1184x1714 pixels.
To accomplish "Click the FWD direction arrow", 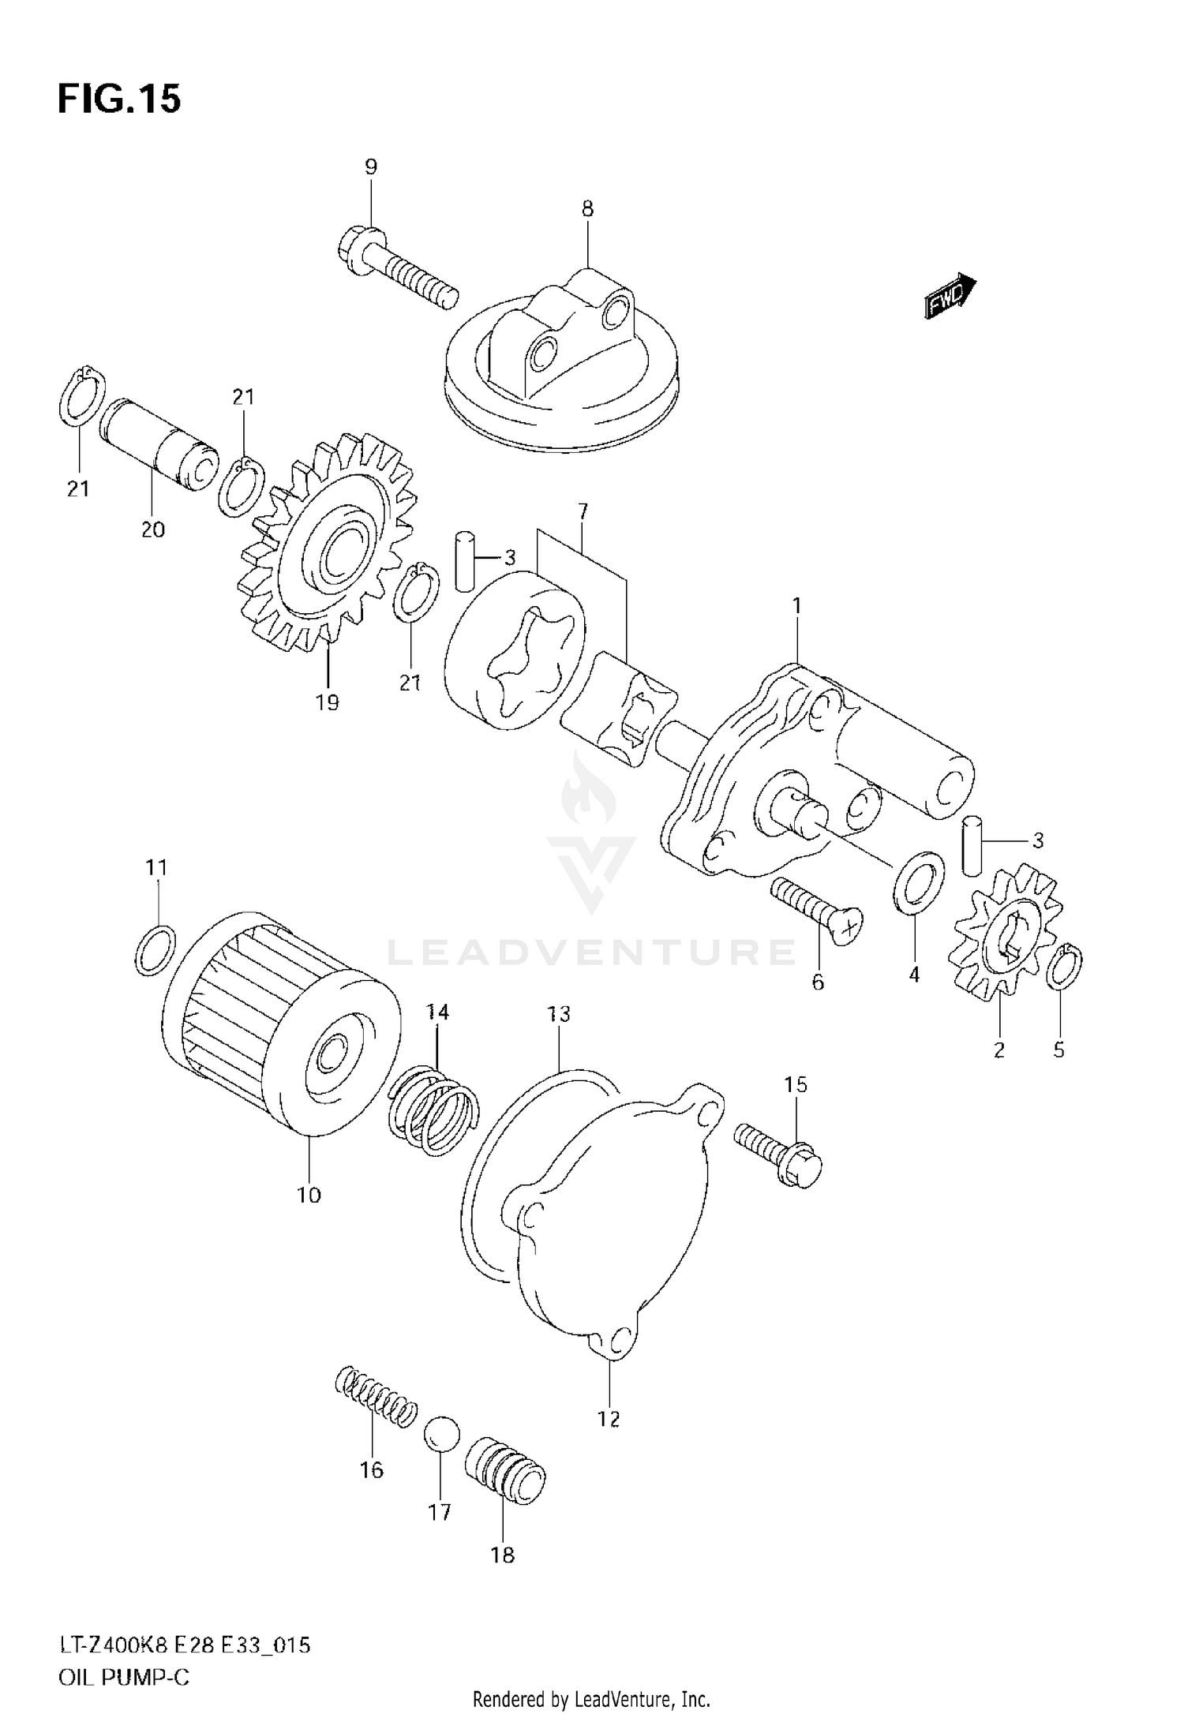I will pos(950,297).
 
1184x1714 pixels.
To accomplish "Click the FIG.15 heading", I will pos(119,99).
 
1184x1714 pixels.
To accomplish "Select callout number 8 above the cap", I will pos(587,209).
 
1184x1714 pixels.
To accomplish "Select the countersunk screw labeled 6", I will pos(816,911).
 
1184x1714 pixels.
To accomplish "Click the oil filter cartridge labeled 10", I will pos(284,1035).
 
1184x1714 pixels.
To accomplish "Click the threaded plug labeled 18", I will pos(505,1469).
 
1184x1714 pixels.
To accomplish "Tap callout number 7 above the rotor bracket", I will pos(583,511).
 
